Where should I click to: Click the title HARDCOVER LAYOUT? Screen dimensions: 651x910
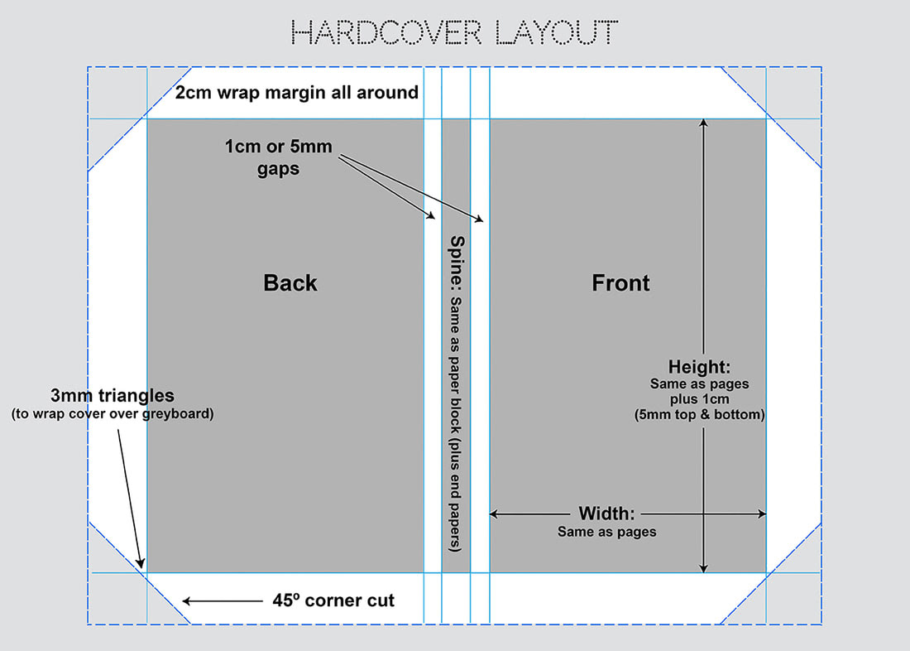(x=455, y=32)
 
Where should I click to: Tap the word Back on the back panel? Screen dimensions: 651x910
(x=290, y=283)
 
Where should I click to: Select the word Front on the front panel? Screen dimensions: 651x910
(x=620, y=283)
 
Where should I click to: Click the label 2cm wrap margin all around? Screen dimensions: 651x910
(x=297, y=92)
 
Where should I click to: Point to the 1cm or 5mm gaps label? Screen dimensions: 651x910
(x=278, y=157)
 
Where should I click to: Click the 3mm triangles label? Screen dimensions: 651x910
(x=113, y=396)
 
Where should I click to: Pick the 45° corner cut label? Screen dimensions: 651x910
(x=333, y=600)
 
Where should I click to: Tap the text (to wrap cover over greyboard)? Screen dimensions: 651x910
(x=113, y=413)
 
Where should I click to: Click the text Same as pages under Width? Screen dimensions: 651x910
(x=606, y=532)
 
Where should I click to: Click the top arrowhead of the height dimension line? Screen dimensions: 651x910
(x=703, y=123)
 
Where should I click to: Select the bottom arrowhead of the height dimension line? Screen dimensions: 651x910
(x=703, y=568)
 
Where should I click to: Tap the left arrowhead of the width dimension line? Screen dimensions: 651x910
(x=495, y=514)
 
